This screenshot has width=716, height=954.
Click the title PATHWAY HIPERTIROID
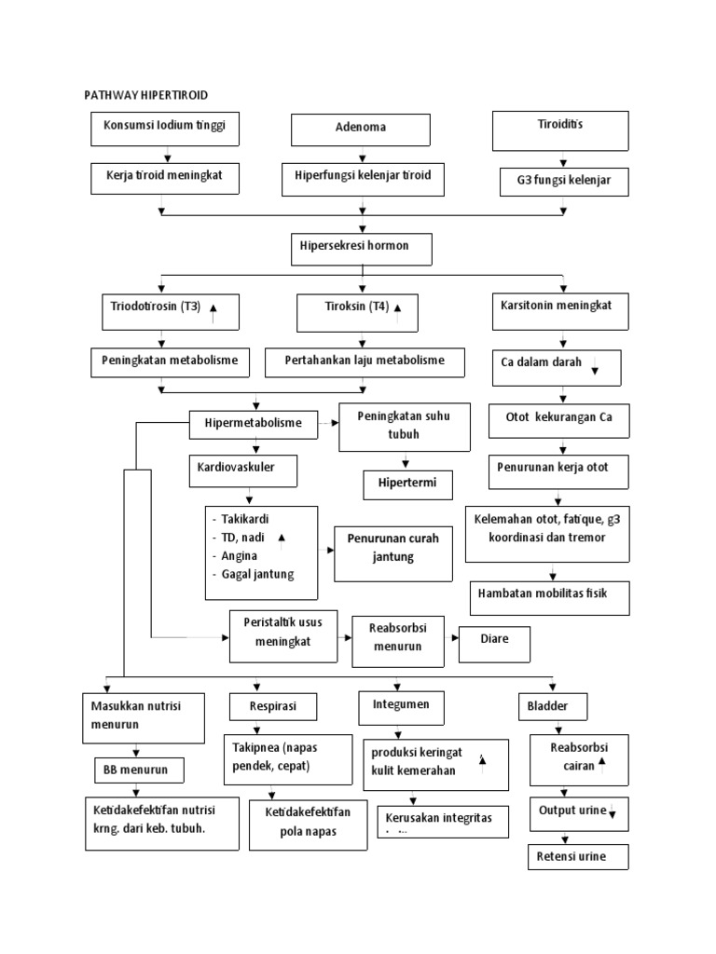(x=146, y=95)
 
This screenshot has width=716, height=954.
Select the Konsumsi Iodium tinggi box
(x=164, y=129)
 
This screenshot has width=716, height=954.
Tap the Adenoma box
(x=360, y=129)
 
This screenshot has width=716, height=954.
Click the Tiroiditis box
(x=560, y=129)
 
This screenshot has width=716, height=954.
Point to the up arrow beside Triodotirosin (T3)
(x=213, y=311)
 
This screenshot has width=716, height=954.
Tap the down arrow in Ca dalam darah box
(x=595, y=370)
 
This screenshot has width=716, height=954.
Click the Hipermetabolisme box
(x=254, y=423)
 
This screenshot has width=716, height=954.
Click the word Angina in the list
(x=240, y=555)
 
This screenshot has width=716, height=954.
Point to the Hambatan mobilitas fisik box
(x=548, y=596)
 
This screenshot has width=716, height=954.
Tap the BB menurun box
(x=138, y=771)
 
